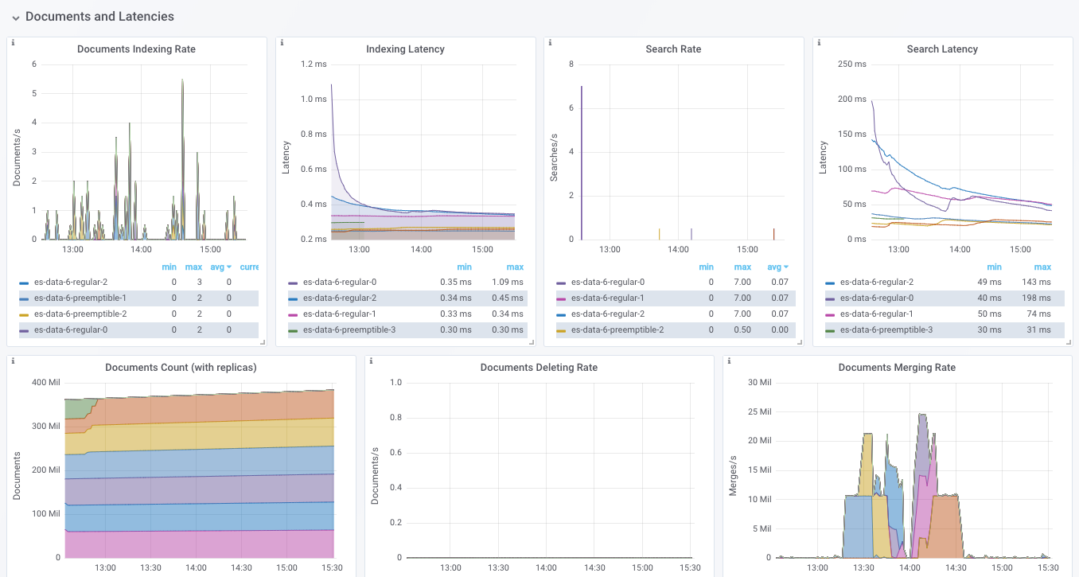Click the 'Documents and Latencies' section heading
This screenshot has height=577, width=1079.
pos(99,17)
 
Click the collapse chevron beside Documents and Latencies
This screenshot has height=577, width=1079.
pos(16,18)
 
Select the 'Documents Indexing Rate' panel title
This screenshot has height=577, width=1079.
pos(136,49)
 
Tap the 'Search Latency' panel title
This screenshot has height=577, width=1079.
pos(942,49)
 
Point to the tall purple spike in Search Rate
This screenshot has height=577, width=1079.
pos(582,163)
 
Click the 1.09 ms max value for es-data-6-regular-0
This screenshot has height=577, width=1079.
pos(507,283)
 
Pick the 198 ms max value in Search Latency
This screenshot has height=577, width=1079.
pos(1036,298)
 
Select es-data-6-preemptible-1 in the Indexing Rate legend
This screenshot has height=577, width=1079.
pos(80,298)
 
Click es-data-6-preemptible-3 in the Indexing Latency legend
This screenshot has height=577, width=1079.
pos(349,330)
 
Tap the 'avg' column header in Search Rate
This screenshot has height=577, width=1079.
pos(774,267)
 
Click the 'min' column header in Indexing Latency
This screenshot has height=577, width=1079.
pos(465,267)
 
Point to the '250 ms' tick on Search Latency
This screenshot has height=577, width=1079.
pos(851,64)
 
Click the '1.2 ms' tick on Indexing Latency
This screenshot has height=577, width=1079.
pos(314,64)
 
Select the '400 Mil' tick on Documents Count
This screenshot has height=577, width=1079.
pos(46,383)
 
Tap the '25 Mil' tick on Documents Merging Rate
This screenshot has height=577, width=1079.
pos(759,411)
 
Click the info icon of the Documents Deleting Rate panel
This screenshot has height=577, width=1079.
pos(371,361)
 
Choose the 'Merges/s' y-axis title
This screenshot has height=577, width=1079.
pos(733,475)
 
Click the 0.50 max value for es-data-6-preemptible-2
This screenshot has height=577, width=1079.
pos(742,330)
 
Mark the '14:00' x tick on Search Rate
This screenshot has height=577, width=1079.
pos(678,249)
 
